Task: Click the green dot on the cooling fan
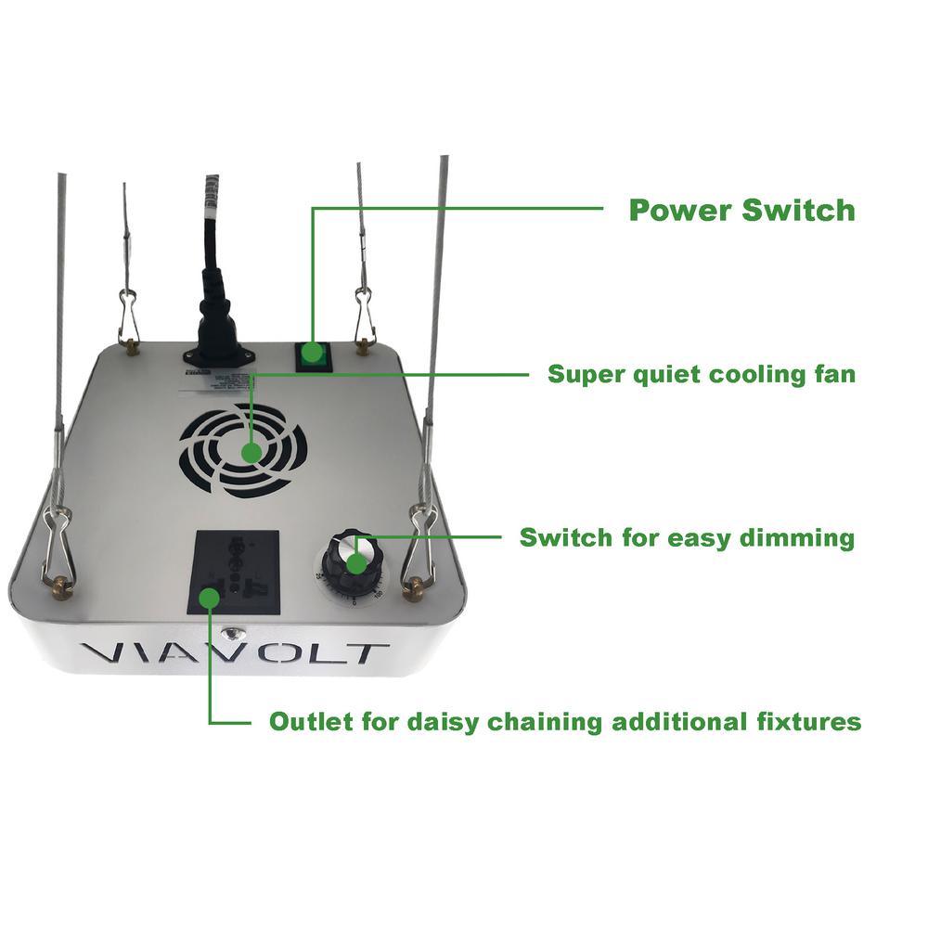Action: pyautogui.click(x=251, y=452)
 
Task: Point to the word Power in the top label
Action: pyautogui.click(x=681, y=210)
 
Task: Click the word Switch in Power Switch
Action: pyautogui.click(x=798, y=210)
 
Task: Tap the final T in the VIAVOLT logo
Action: pyautogui.click(x=365, y=653)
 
